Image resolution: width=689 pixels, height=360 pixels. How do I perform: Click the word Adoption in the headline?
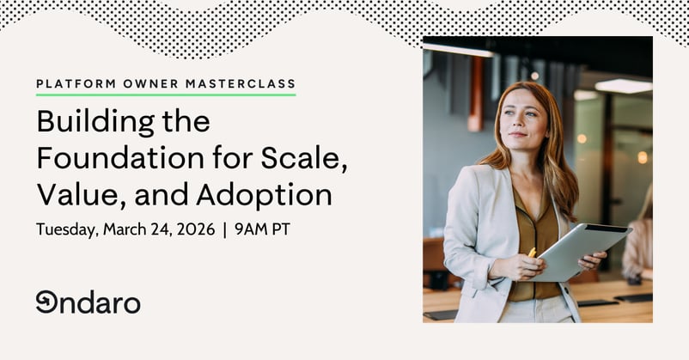[x=264, y=196]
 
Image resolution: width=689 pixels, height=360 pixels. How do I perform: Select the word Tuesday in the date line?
[x=65, y=230]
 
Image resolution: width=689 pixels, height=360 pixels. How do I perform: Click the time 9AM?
[x=249, y=230]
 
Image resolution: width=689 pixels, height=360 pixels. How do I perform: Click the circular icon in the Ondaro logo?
[x=46, y=302]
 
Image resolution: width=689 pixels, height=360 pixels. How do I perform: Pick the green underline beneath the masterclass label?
[x=166, y=95]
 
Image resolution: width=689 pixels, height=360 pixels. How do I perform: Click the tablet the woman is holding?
[x=584, y=249]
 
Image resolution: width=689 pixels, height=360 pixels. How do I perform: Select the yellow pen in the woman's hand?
[x=533, y=253]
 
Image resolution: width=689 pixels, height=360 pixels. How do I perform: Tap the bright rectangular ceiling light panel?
[x=624, y=86]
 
